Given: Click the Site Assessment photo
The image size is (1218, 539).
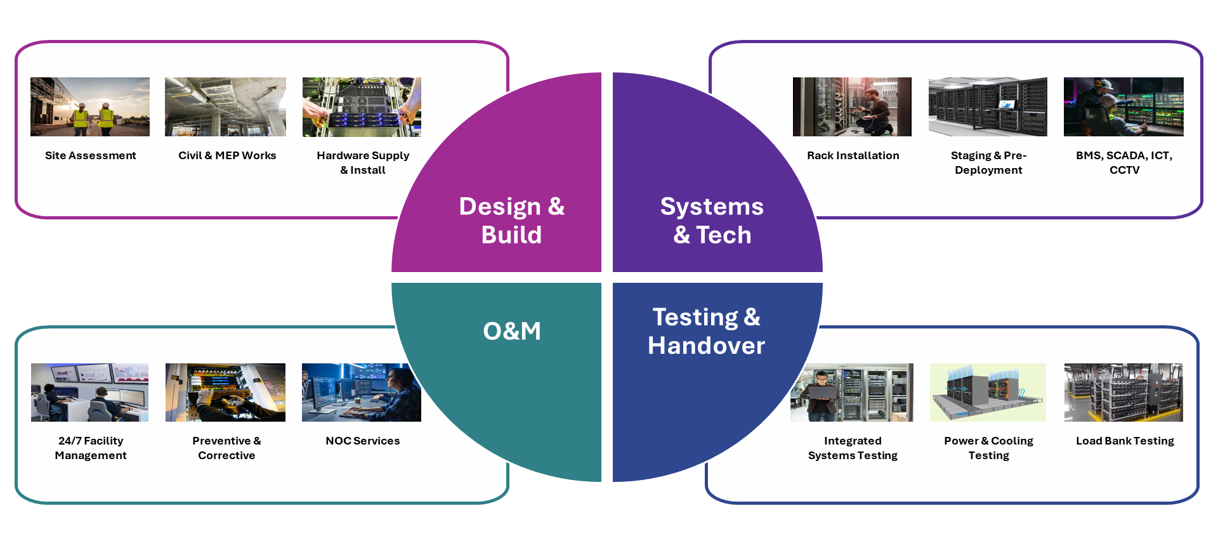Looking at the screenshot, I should [x=90, y=107].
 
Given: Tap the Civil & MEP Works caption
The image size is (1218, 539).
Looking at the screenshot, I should [x=227, y=155].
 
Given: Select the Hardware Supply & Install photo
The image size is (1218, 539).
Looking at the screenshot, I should [x=362, y=107].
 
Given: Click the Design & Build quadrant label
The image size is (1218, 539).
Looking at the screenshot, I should [x=511, y=220].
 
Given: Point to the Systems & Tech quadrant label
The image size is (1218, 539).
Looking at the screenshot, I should [x=712, y=220].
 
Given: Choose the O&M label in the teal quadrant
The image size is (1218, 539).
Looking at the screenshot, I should [x=512, y=331].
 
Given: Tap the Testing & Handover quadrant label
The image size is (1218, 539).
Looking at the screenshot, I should [x=706, y=331].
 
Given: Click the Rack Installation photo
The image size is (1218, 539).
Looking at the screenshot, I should [x=852, y=107].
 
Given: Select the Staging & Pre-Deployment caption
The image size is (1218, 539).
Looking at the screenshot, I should [x=988, y=162].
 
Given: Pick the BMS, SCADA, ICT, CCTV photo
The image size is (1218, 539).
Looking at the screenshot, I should [x=1123, y=107].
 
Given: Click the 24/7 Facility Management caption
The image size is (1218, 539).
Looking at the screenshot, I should [x=91, y=448].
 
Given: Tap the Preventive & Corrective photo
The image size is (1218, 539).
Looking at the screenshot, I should [x=225, y=393].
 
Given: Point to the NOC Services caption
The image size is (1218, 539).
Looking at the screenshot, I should [x=363, y=441].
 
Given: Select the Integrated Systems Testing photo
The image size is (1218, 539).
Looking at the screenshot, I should [x=852, y=393].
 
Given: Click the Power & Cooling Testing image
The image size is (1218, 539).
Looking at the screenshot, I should [x=988, y=393].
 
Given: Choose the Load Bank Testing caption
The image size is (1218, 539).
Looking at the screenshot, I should [x=1125, y=441].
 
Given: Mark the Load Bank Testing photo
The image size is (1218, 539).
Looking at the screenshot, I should [x=1123, y=393].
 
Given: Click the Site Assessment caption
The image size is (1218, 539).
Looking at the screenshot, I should [x=91, y=155].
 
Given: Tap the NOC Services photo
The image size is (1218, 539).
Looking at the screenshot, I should [x=362, y=393].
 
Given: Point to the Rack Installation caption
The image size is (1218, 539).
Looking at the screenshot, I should [x=853, y=155].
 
